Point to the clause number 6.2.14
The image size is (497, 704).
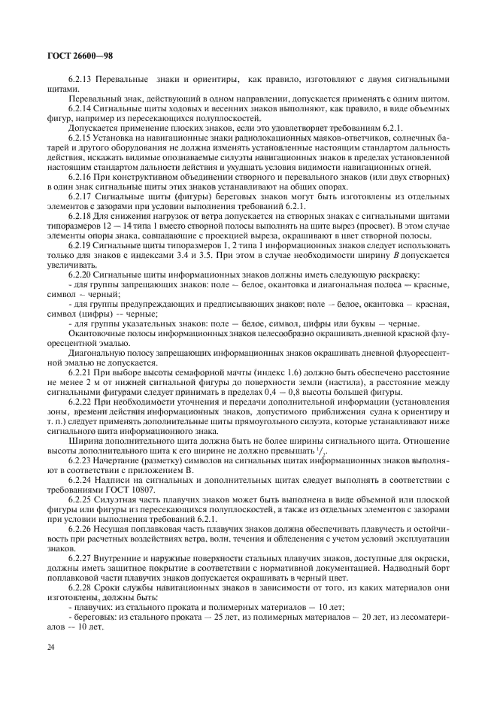point(80,108)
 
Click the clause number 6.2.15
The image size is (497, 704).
point(80,138)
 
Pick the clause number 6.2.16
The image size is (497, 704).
point(80,177)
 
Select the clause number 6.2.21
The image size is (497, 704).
point(80,372)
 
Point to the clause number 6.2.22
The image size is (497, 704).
point(80,402)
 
